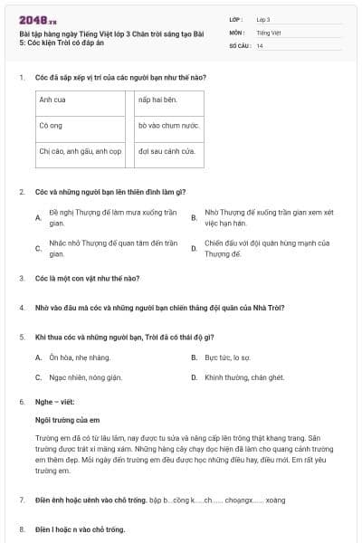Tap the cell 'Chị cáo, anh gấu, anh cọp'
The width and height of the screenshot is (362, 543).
(x=80, y=151)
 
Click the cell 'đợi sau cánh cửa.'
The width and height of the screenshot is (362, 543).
(x=167, y=151)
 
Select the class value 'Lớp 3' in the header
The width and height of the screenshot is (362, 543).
(x=263, y=18)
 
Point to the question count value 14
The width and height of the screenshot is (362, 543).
(x=260, y=45)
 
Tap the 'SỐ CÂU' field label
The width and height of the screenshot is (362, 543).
(x=240, y=45)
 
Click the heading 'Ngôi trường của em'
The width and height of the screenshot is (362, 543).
(x=67, y=421)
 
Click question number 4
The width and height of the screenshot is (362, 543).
(x=22, y=308)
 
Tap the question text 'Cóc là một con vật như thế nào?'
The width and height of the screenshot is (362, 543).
(x=88, y=280)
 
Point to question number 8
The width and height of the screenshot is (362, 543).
(x=22, y=529)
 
